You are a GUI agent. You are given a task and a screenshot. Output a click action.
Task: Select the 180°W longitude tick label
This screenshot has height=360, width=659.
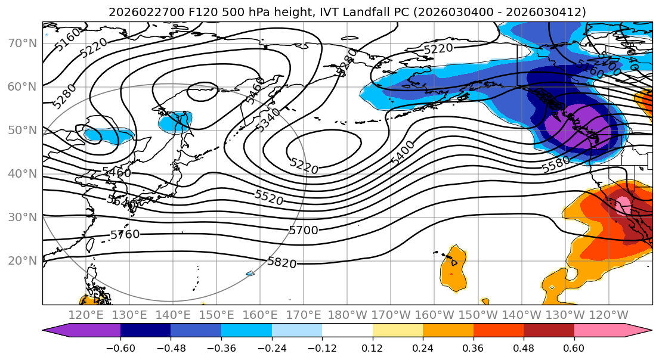[x=347, y=315]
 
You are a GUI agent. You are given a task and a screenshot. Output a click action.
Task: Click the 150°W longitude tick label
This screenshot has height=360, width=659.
[x=478, y=315]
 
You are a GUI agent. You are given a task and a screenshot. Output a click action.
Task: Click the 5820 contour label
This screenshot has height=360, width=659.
[x=282, y=262]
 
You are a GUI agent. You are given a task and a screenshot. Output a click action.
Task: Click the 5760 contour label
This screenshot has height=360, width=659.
[x=125, y=234]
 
